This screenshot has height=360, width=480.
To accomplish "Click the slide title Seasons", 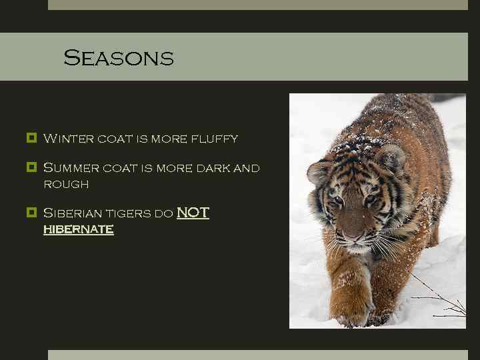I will click(118, 58).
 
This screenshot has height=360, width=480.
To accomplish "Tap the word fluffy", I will click(214, 139).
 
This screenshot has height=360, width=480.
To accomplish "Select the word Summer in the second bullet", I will click(71, 168).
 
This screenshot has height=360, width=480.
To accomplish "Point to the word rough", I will click(65, 183).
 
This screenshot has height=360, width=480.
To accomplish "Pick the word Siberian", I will click(74, 213).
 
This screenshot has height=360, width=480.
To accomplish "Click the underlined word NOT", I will click(193, 213).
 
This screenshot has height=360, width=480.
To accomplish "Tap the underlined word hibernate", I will click(78, 229).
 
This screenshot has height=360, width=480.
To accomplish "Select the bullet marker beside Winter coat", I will click(31, 139).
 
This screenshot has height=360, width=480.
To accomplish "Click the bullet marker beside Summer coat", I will click(31, 167).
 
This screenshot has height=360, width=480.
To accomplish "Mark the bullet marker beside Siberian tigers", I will click(31, 213).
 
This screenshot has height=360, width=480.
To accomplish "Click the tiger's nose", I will click(353, 236).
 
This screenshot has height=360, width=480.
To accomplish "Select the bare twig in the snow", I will click(443, 303).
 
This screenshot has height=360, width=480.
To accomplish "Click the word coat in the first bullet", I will click(115, 139).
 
